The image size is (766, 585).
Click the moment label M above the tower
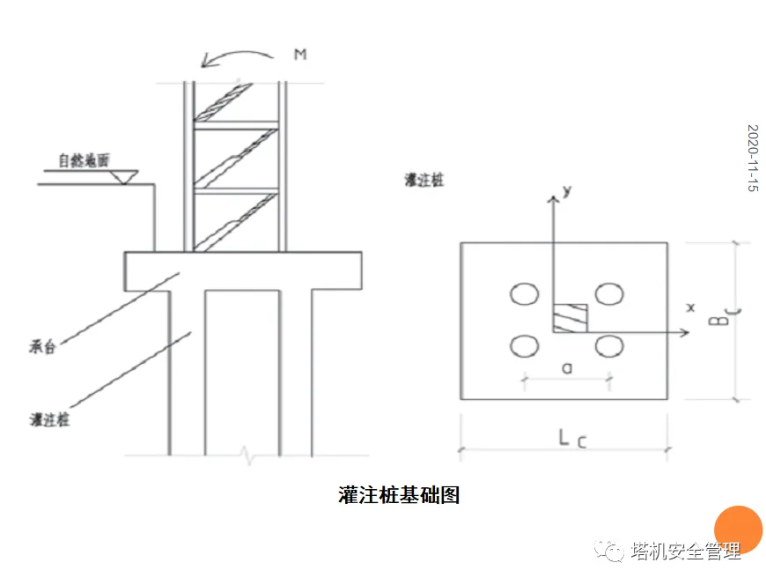(300, 55)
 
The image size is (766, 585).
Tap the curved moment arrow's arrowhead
(206, 63)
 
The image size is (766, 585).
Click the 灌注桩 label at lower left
(49, 419)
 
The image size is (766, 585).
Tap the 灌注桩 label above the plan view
(426, 180)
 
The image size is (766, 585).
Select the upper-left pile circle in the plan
(525, 294)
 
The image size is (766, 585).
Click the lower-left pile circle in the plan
(525, 346)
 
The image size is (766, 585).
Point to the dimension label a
(566, 369)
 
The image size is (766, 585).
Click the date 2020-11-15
(753, 159)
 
